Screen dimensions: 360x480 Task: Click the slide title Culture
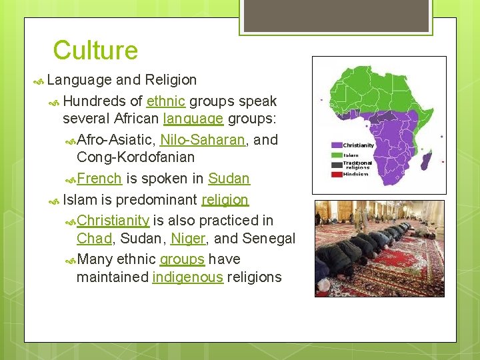click(95, 51)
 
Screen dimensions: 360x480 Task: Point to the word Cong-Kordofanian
click(135, 157)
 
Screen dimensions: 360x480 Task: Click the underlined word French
click(99, 178)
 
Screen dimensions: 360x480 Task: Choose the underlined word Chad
click(93, 238)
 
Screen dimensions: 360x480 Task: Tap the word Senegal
click(269, 238)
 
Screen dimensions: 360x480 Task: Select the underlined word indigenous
click(187, 277)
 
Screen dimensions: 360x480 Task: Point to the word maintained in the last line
click(112, 277)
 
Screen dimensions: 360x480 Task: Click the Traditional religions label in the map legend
click(357, 165)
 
